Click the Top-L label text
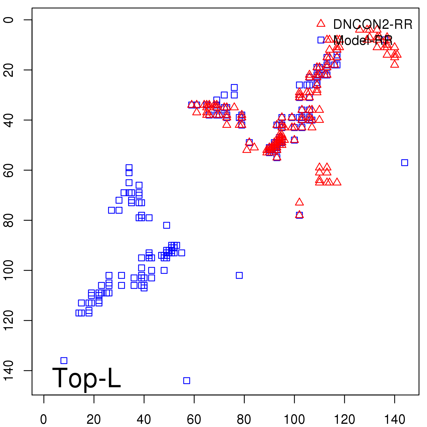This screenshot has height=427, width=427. (x=86, y=378)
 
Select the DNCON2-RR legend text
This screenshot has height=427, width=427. (x=373, y=25)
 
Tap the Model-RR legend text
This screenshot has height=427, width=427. (x=363, y=41)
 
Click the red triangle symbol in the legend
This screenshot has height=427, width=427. (x=321, y=23)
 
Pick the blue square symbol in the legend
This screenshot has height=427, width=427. (x=321, y=40)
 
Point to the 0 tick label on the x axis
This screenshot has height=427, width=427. (x=44, y=420)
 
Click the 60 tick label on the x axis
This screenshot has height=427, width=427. (x=194, y=420)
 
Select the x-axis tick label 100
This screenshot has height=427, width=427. (x=294, y=420)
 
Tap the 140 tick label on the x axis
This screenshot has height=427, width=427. (x=394, y=420)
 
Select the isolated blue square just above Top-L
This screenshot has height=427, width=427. (x=64, y=361)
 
